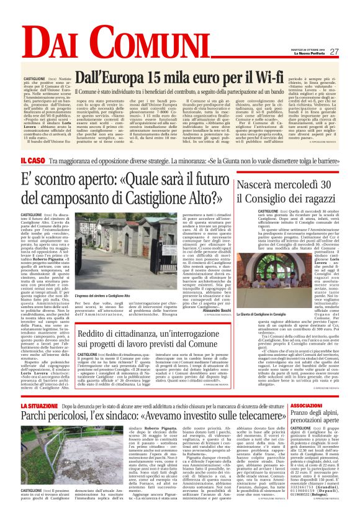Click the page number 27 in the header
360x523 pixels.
tap(333, 52)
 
